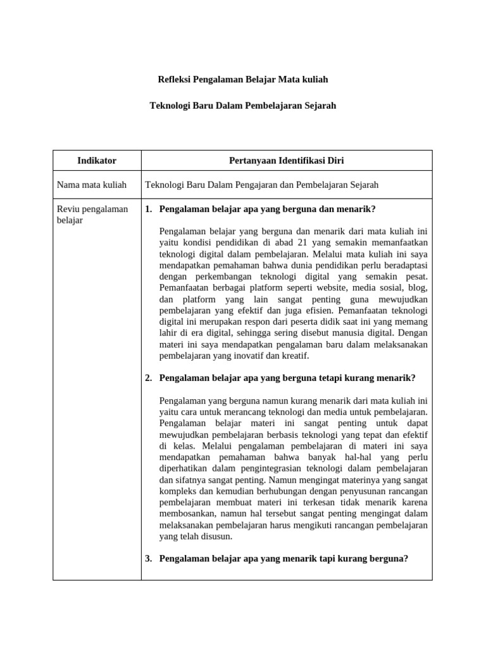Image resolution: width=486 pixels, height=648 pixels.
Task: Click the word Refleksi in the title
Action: click(175, 80)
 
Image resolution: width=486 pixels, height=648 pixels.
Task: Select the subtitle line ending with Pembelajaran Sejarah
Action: click(242, 106)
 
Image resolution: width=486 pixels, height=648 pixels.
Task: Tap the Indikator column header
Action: click(97, 161)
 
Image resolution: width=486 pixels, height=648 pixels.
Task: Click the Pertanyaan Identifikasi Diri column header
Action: click(286, 161)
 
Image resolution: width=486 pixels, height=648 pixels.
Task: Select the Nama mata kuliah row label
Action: click(92, 185)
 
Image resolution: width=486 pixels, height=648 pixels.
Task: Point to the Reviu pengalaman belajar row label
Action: click(92, 215)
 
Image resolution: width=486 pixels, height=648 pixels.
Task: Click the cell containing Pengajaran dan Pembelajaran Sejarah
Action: click(262, 185)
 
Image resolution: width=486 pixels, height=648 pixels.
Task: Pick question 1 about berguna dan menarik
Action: click(267, 209)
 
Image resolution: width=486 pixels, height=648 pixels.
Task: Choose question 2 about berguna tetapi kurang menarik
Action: click(287, 378)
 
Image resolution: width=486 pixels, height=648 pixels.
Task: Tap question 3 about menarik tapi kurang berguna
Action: click(283, 558)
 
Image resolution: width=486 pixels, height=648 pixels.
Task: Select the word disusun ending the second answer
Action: click(217, 536)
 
